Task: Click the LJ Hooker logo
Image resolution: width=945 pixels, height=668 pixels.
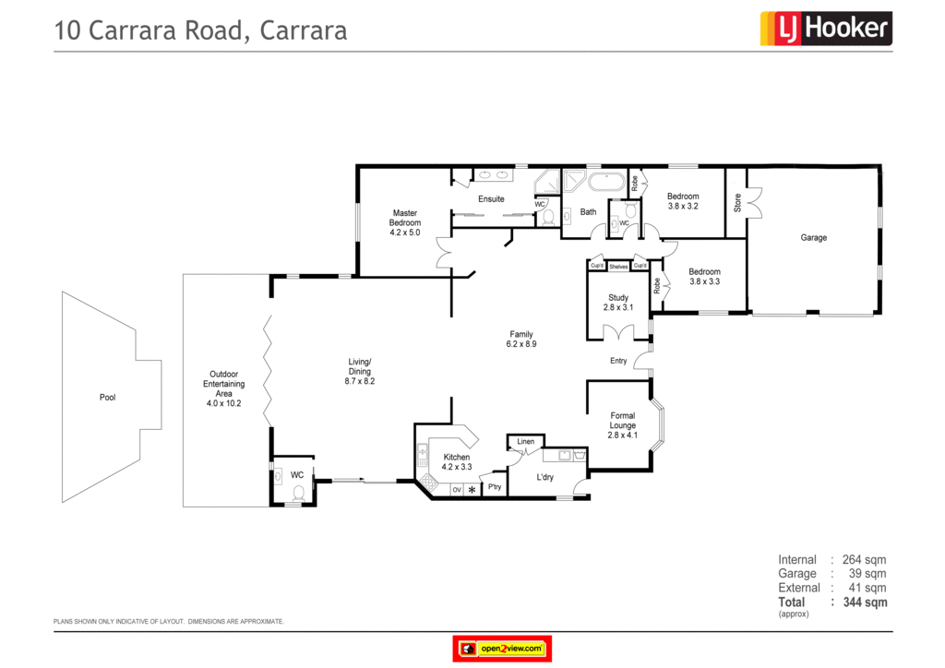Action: click(x=825, y=29)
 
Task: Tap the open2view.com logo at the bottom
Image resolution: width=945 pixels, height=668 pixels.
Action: click(x=501, y=649)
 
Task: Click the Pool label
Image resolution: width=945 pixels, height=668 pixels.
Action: click(x=108, y=398)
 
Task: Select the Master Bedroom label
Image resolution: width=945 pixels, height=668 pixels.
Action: click(x=404, y=222)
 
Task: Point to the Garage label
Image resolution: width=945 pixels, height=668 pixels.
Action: click(x=813, y=238)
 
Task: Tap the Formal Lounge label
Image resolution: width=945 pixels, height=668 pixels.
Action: click(x=623, y=425)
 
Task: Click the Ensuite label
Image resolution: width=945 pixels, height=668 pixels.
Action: click(x=491, y=199)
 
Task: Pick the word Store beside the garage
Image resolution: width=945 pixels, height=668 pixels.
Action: click(x=737, y=202)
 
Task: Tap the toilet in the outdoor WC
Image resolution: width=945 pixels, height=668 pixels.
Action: click(x=297, y=494)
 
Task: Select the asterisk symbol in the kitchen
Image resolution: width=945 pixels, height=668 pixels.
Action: click(x=472, y=489)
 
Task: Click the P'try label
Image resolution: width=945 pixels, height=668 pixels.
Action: click(x=495, y=487)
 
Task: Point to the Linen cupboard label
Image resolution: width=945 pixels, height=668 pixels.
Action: click(x=525, y=442)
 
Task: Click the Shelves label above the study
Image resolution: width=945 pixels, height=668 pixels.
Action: click(x=618, y=267)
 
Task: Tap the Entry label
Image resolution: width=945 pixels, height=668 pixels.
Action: click(x=618, y=361)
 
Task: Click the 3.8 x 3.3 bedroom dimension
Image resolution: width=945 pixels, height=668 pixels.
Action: click(x=704, y=281)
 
